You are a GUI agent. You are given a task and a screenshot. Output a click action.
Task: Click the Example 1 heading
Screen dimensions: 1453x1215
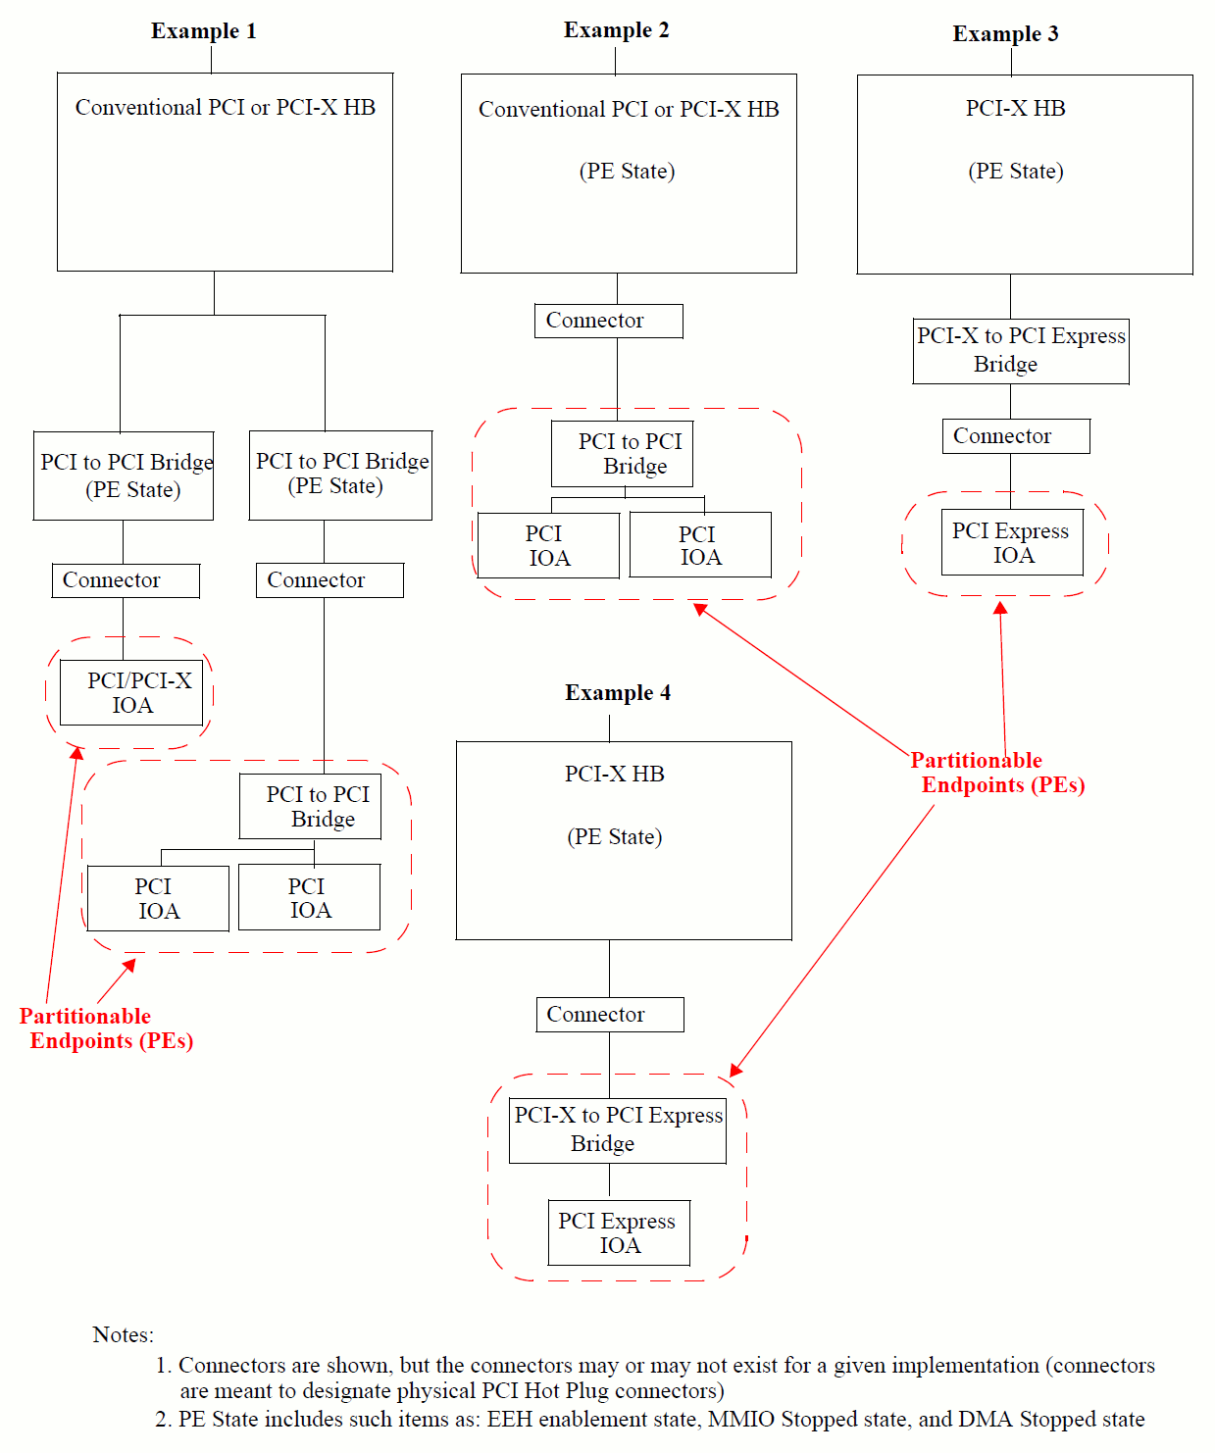pyautogui.click(x=203, y=31)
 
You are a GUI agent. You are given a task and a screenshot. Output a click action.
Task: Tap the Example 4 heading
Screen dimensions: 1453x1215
pyautogui.click(x=618, y=693)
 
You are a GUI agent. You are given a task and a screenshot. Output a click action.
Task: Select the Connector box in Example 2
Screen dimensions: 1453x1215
pyautogui.click(x=608, y=321)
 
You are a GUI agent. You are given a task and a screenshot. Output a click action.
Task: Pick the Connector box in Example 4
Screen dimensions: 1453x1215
pyautogui.click(x=609, y=1015)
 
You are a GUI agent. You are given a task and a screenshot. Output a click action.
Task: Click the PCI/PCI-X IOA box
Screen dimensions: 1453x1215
pyautogui.click(x=131, y=693)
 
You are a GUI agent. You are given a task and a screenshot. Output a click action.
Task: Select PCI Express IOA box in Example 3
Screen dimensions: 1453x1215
pyautogui.click(x=1012, y=542)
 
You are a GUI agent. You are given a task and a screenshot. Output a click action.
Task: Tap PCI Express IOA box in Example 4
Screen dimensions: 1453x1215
pyautogui.click(x=619, y=1233)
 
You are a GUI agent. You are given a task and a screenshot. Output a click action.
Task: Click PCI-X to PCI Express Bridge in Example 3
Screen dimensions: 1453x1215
pyautogui.click(x=1020, y=351)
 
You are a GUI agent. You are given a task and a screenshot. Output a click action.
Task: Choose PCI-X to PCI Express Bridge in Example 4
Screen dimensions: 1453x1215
pyautogui.click(x=618, y=1130)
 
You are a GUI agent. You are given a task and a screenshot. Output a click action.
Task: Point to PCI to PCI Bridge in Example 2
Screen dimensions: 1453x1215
pyautogui.click(x=622, y=454)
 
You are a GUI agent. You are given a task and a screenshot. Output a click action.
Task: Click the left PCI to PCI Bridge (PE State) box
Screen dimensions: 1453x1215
pyautogui.click(x=124, y=476)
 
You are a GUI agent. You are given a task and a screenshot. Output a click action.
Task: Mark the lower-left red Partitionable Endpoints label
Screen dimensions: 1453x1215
pyautogui.click(x=106, y=1028)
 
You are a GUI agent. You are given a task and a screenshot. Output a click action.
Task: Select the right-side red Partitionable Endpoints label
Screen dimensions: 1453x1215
pyautogui.click(x=997, y=773)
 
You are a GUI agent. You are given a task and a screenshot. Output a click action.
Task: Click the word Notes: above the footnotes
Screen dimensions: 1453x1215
pyautogui.click(x=123, y=1335)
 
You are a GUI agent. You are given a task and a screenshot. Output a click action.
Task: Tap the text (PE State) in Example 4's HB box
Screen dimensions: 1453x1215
pyautogui.click(x=615, y=837)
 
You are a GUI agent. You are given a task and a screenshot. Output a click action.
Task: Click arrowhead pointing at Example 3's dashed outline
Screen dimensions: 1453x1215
pyautogui.click(x=1000, y=608)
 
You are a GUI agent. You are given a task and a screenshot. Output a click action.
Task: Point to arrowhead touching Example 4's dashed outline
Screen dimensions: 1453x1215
pyautogui.click(x=736, y=1070)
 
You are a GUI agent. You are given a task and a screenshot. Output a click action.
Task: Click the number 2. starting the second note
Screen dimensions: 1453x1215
pyautogui.click(x=163, y=1420)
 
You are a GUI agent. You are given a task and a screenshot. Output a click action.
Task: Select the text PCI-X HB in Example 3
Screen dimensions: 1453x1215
pyautogui.click(x=1015, y=109)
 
